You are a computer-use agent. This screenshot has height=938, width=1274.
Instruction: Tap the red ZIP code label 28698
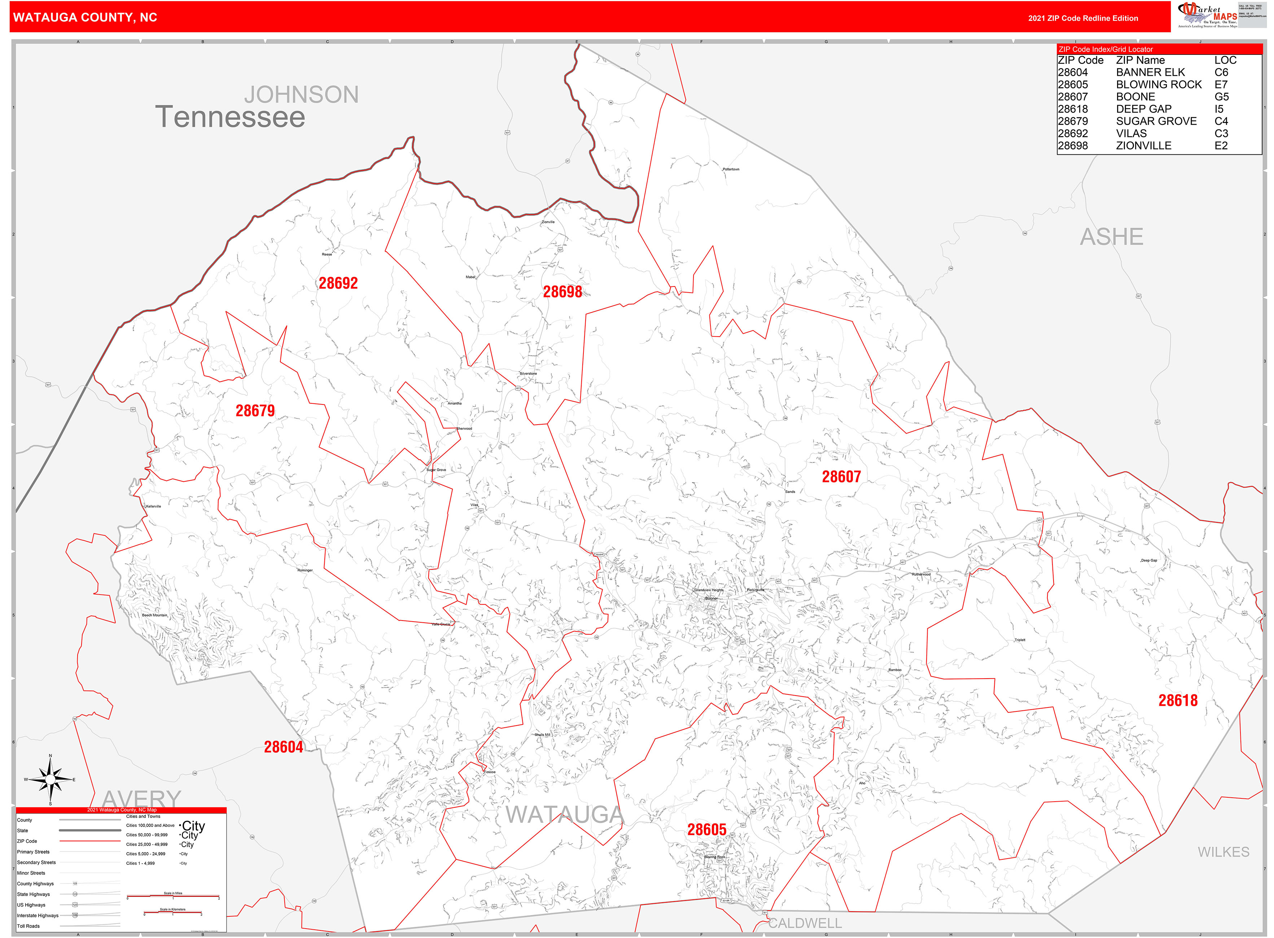[562, 292]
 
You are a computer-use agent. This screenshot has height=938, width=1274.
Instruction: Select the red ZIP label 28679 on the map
[255, 411]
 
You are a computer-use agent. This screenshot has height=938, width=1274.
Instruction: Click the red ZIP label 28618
[1178, 701]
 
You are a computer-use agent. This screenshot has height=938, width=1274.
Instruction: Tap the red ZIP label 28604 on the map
[283, 747]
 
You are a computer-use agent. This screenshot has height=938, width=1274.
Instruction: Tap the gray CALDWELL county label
[805, 923]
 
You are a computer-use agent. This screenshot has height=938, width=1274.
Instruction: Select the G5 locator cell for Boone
[1221, 97]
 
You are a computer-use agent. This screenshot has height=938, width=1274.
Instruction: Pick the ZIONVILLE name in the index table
[1143, 145]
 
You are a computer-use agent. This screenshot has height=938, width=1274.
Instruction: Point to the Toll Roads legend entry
[29, 926]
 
